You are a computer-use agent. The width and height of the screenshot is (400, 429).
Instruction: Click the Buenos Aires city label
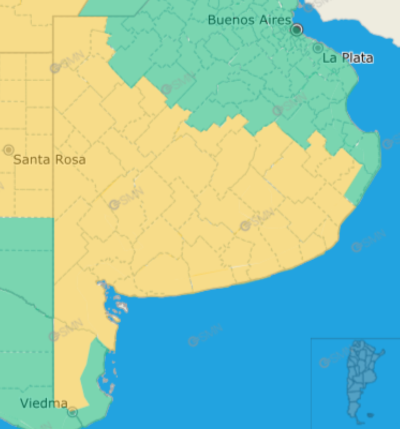click(249, 20)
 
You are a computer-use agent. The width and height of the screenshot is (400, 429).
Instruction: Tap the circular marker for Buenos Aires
click(297, 30)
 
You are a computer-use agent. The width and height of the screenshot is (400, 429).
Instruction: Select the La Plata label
click(348, 58)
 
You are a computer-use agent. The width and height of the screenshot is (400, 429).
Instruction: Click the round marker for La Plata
click(318, 48)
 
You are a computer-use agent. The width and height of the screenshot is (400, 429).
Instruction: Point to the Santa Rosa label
click(49, 160)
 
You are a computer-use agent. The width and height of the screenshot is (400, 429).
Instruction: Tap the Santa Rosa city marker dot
click(8, 150)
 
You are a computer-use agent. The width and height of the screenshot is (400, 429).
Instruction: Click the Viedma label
click(44, 403)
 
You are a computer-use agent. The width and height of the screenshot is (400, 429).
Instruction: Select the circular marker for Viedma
click(73, 412)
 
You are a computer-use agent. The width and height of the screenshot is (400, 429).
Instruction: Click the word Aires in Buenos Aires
click(275, 20)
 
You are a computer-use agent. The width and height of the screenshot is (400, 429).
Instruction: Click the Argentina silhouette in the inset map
click(360, 373)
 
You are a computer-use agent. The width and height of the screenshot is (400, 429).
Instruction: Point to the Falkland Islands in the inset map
click(370, 415)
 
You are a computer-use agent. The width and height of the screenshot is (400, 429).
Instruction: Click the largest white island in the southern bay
click(122, 307)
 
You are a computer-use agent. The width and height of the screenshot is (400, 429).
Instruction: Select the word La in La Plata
click(330, 58)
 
